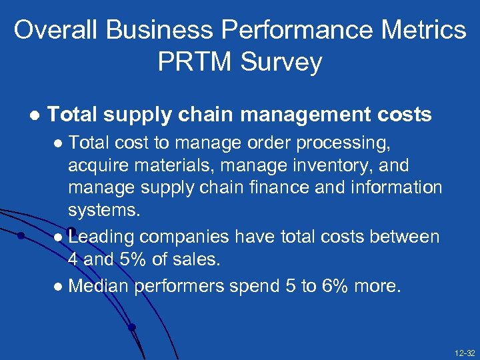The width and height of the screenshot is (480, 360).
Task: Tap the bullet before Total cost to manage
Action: pyautogui.click(x=61, y=143)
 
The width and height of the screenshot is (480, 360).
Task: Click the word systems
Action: pyautogui.click(x=104, y=210)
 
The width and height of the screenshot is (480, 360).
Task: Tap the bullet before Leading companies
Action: pyautogui.click(x=61, y=237)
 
